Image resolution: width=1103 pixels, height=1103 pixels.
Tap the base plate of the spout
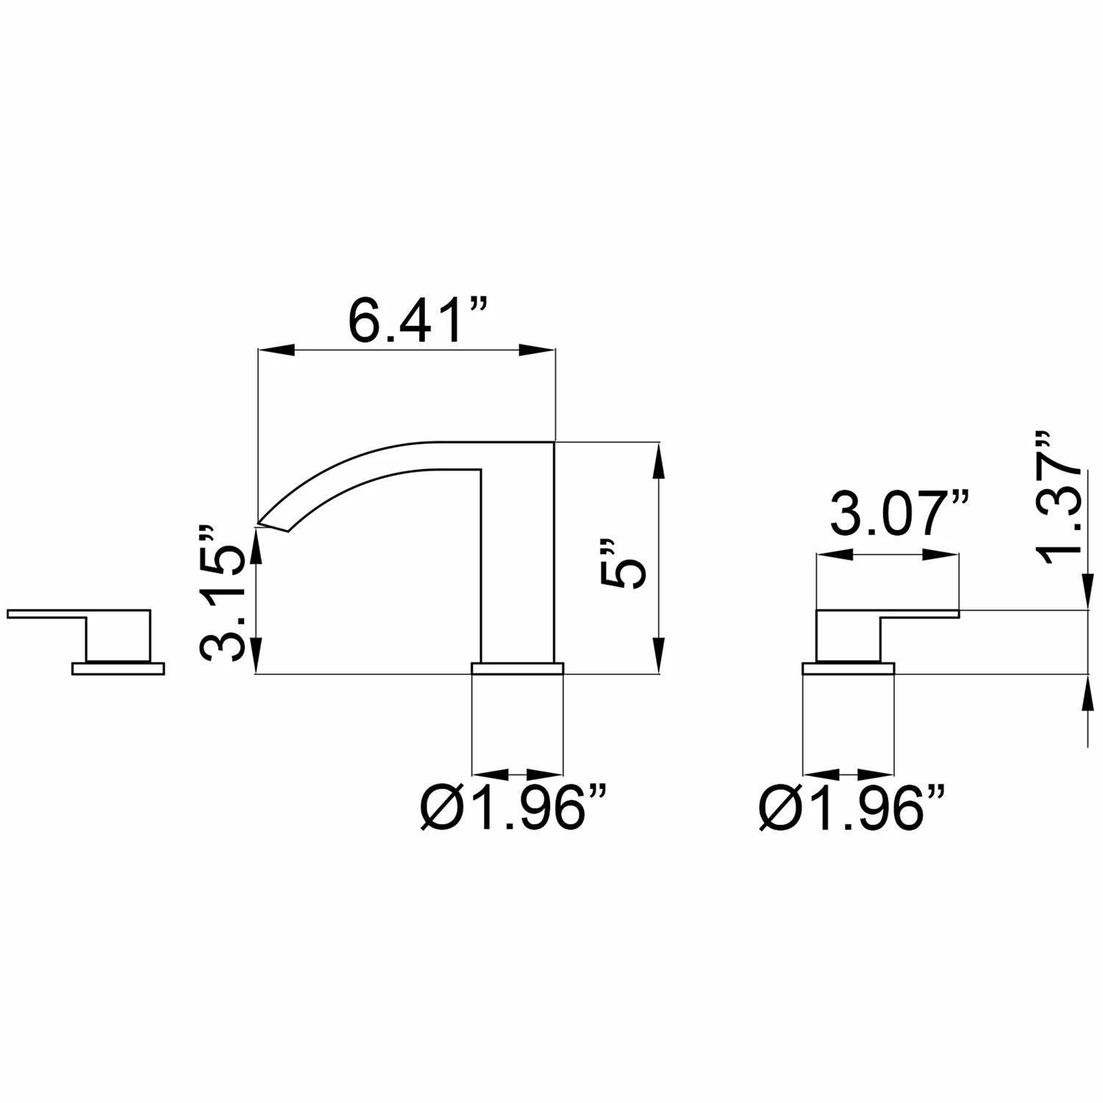(517, 668)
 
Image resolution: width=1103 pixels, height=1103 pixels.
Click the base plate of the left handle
(118, 668)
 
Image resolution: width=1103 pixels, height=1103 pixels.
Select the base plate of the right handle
(848, 668)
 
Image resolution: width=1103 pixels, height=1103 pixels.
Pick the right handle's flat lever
(919, 614)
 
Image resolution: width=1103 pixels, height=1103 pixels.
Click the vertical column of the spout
(517, 566)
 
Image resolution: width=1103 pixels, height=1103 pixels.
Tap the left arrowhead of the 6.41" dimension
(275, 351)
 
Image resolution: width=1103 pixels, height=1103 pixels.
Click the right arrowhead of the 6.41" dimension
(537, 351)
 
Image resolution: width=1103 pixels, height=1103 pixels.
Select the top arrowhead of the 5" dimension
(659, 460)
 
